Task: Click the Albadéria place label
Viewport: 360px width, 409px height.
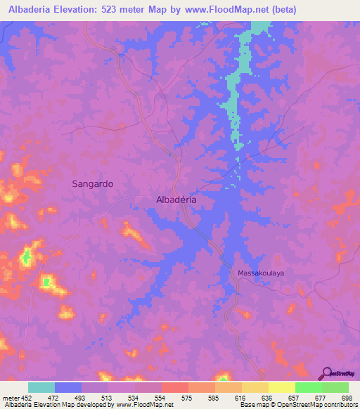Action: click(175, 200)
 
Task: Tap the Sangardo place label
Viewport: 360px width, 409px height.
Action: click(93, 183)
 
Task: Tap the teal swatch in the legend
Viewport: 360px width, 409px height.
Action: click(41, 387)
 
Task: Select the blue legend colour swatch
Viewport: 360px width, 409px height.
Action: click(67, 387)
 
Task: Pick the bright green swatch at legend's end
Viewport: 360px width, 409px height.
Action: click(335, 387)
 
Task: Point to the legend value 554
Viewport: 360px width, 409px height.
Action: click(160, 398)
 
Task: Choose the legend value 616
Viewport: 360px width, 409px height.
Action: click(240, 398)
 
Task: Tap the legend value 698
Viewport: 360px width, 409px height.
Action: click(347, 398)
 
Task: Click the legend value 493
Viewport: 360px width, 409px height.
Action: click(81, 398)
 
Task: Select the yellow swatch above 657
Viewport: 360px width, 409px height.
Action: click(281, 387)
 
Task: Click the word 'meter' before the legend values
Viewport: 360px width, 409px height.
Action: click(10, 398)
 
